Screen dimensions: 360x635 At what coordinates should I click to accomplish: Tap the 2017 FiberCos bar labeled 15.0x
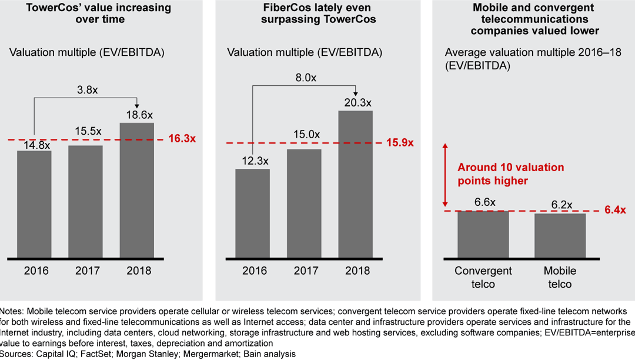[305, 202]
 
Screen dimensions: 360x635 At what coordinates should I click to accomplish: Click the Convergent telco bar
[483, 234]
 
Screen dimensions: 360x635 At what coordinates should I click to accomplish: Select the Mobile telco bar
[559, 235]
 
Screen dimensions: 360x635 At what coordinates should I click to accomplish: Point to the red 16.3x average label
[183, 139]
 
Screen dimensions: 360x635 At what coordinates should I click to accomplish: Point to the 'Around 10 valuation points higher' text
[510, 174]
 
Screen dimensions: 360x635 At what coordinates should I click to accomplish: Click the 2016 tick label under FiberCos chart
[253, 271]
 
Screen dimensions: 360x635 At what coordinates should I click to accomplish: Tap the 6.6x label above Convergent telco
[483, 202]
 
